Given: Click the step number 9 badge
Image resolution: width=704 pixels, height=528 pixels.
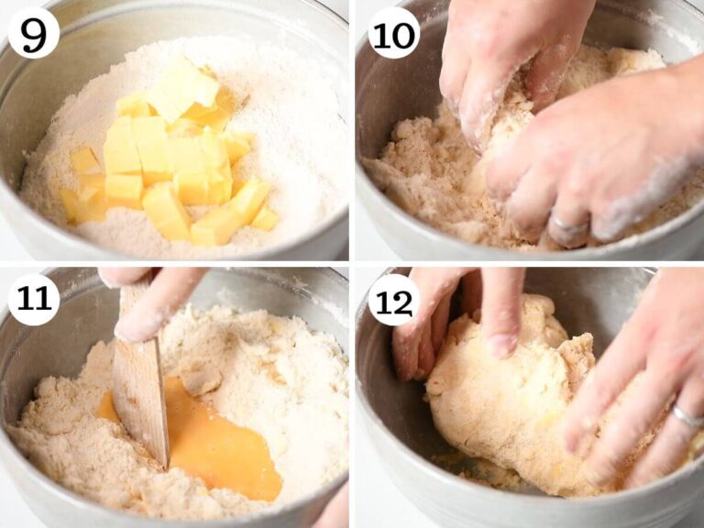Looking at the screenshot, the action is coord(34,33).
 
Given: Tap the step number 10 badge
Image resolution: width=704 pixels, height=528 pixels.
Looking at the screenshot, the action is coord(394,33).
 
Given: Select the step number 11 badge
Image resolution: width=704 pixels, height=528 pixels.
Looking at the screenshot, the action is coord(34,300).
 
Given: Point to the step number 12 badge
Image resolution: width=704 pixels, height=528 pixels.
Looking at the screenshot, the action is coord(394,300).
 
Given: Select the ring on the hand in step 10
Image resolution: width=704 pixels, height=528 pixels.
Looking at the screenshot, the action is coord(570,223).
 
